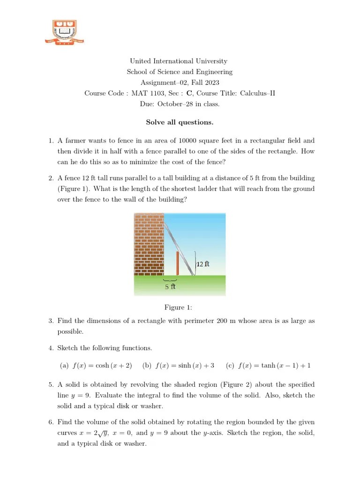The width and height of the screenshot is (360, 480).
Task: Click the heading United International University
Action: [179, 61]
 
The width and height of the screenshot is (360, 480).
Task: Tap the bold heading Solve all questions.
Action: [180, 122]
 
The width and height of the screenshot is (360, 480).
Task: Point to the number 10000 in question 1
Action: [198, 141]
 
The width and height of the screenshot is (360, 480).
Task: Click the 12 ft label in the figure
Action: [202, 264]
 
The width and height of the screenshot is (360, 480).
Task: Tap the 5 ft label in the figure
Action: [170, 286]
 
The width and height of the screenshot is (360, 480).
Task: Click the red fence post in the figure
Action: [178, 263]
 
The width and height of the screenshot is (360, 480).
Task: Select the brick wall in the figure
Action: [149, 243]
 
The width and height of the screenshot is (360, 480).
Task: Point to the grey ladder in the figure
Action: [180, 246]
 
